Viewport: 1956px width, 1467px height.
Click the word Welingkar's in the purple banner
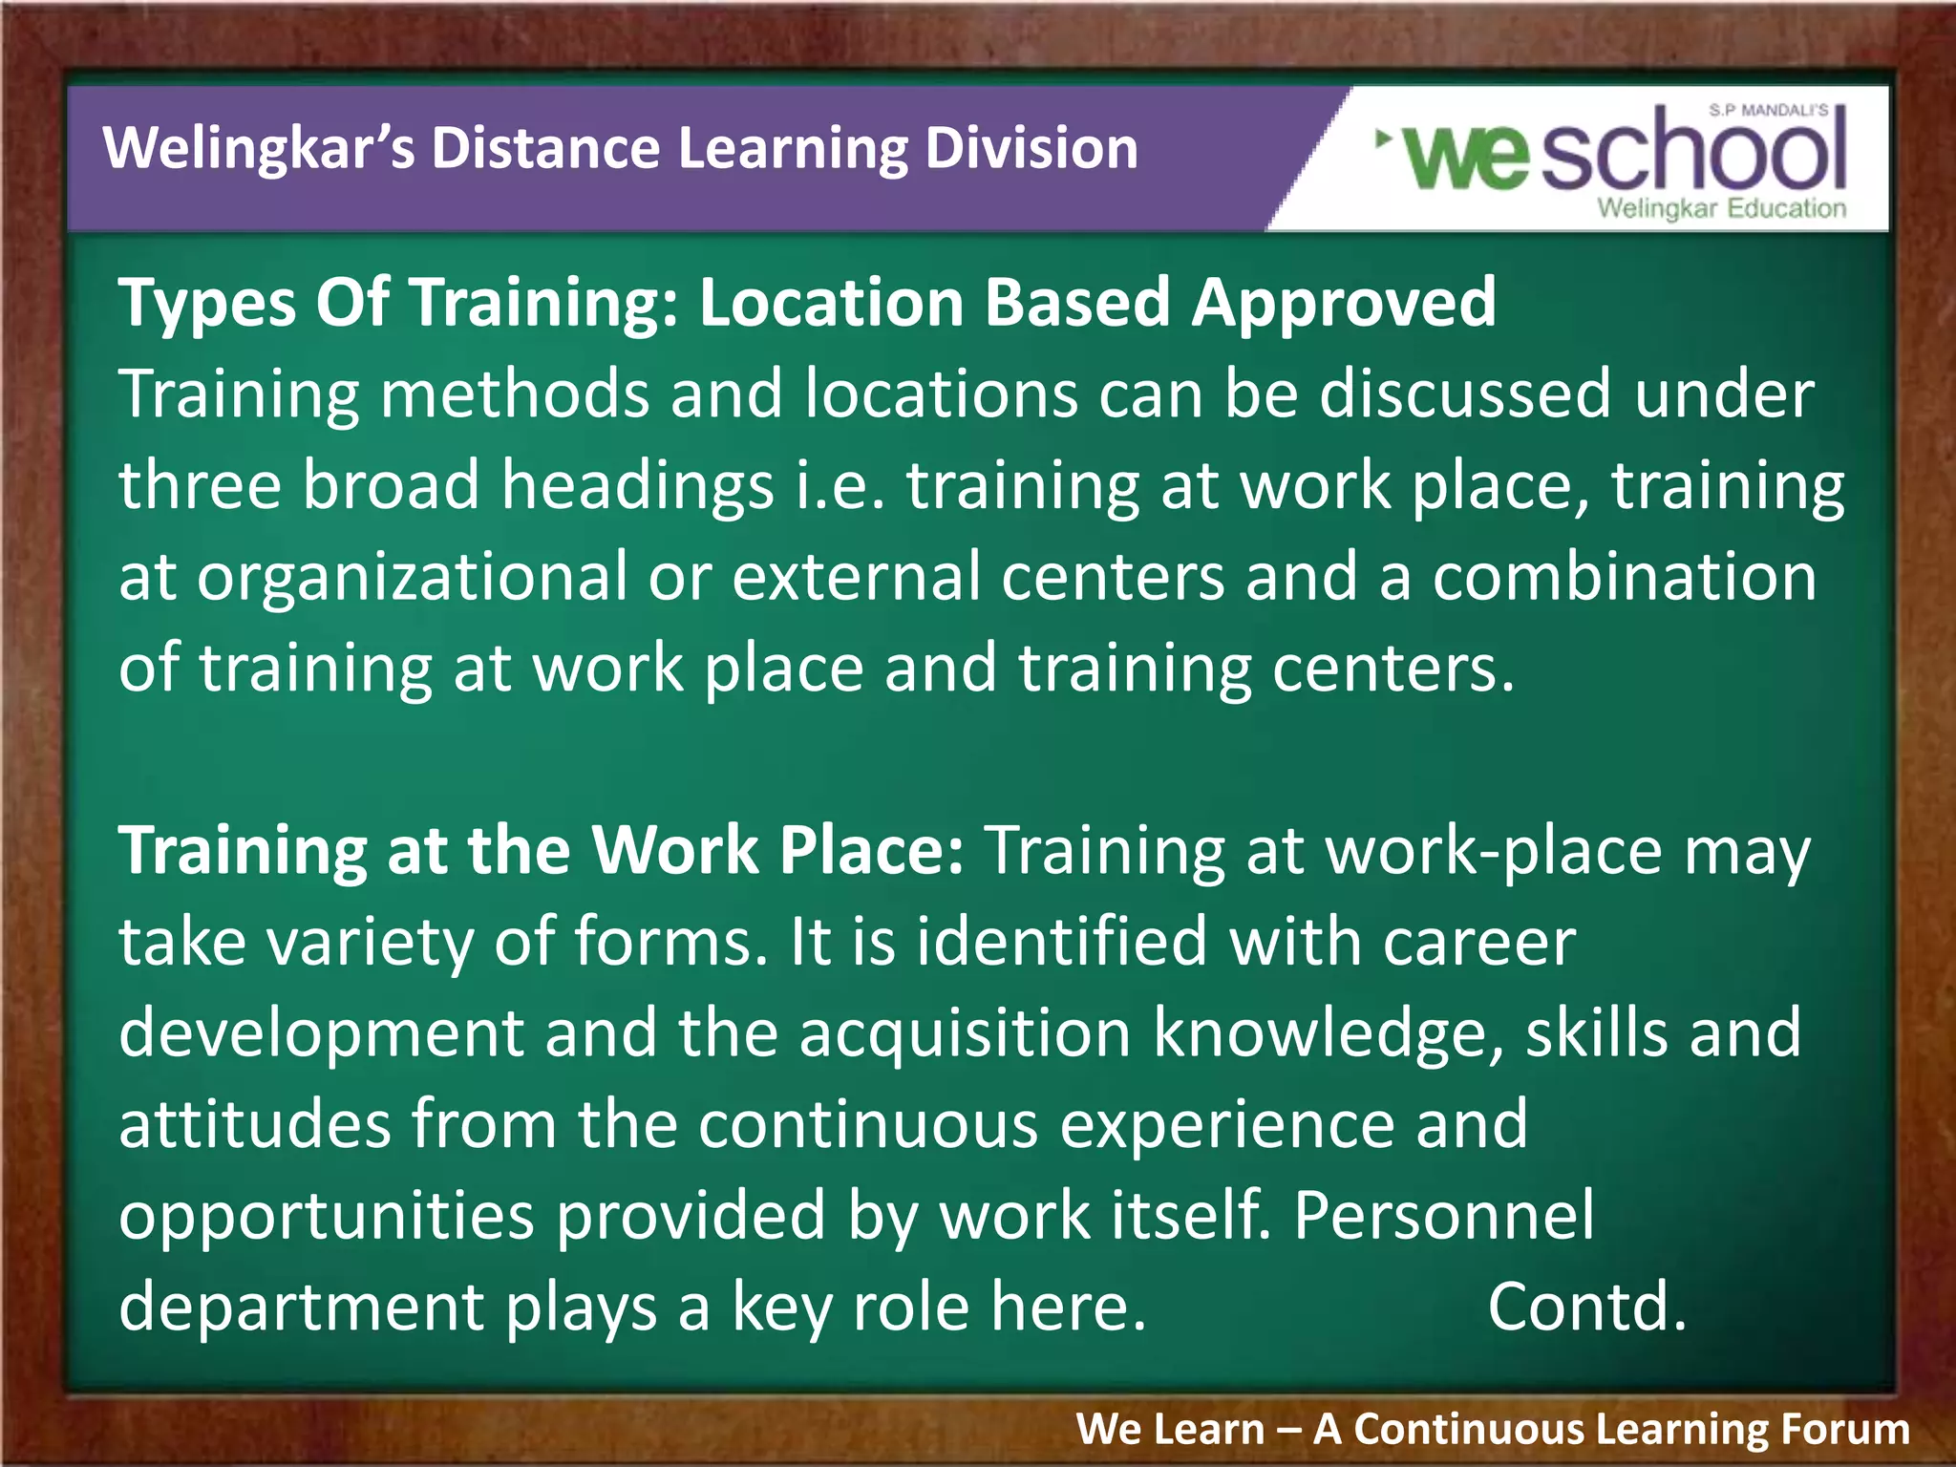tap(258, 150)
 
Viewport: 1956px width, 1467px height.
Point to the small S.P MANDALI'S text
tap(1768, 111)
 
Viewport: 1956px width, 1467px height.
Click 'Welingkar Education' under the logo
tap(1721, 208)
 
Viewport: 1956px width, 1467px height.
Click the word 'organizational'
tap(412, 578)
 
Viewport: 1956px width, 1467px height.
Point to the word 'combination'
tap(1624, 578)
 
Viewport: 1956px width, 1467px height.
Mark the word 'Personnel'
tap(1443, 1215)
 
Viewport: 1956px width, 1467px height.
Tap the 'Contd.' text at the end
tap(1586, 1307)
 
